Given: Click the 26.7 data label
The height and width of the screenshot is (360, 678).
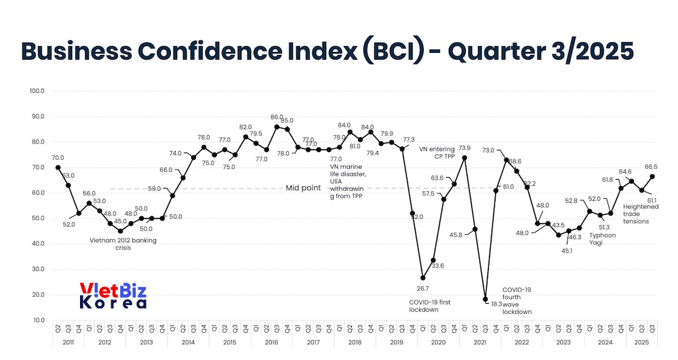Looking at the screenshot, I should [423, 288].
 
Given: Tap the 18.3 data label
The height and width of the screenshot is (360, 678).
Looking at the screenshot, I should [496, 304].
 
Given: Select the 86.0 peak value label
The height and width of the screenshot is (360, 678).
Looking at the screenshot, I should [277, 117].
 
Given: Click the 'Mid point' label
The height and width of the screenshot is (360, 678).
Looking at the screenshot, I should [303, 188].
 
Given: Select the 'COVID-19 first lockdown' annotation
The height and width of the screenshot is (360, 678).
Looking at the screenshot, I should [429, 305].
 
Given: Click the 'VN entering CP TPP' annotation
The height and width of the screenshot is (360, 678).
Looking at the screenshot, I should [437, 152].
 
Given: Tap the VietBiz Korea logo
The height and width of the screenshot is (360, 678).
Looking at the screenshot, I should [113, 296].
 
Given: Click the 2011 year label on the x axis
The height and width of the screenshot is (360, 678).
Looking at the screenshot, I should [68, 343].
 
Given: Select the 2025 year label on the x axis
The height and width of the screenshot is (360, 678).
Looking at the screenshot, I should [641, 343].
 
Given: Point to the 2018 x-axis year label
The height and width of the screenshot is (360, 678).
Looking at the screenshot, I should [355, 343].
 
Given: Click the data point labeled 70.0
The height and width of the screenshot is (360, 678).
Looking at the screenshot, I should [58, 167].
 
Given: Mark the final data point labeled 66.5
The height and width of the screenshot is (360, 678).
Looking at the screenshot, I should [652, 176].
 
